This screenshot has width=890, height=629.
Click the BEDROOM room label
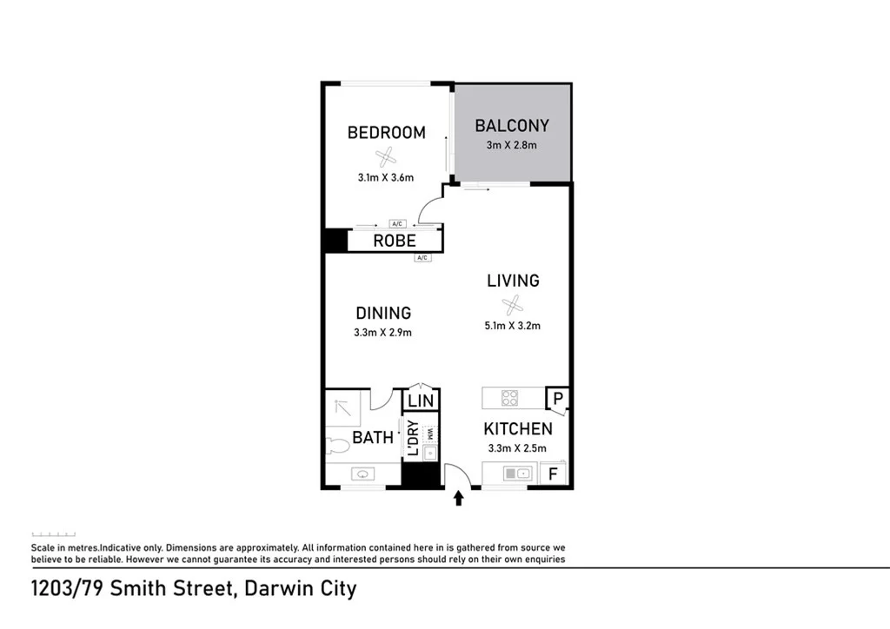pos(386,133)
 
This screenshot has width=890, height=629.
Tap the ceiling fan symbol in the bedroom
pos(385,156)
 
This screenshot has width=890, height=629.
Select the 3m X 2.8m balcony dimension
pos(511,145)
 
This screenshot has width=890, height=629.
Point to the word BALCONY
pos(512,126)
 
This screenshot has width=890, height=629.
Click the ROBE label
pos(395,242)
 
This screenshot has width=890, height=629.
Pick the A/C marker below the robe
pos(422,258)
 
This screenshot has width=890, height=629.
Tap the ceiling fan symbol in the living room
pos(513,305)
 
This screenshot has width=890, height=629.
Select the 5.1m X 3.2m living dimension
pos(513,327)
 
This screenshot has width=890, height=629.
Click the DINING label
pos(383,313)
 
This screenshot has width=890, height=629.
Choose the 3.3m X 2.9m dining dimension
pos(383,332)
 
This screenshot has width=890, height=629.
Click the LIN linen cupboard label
pos(421,401)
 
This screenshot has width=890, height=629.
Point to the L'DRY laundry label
pos(413,439)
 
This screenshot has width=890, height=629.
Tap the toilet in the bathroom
pos(336,445)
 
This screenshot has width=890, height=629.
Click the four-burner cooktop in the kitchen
pos(510,399)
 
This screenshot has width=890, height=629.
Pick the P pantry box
pos(557,398)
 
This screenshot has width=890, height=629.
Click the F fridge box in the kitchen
pos(550,474)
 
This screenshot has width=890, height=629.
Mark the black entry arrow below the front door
pos(459,498)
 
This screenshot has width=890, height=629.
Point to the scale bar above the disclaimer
pos(53,534)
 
